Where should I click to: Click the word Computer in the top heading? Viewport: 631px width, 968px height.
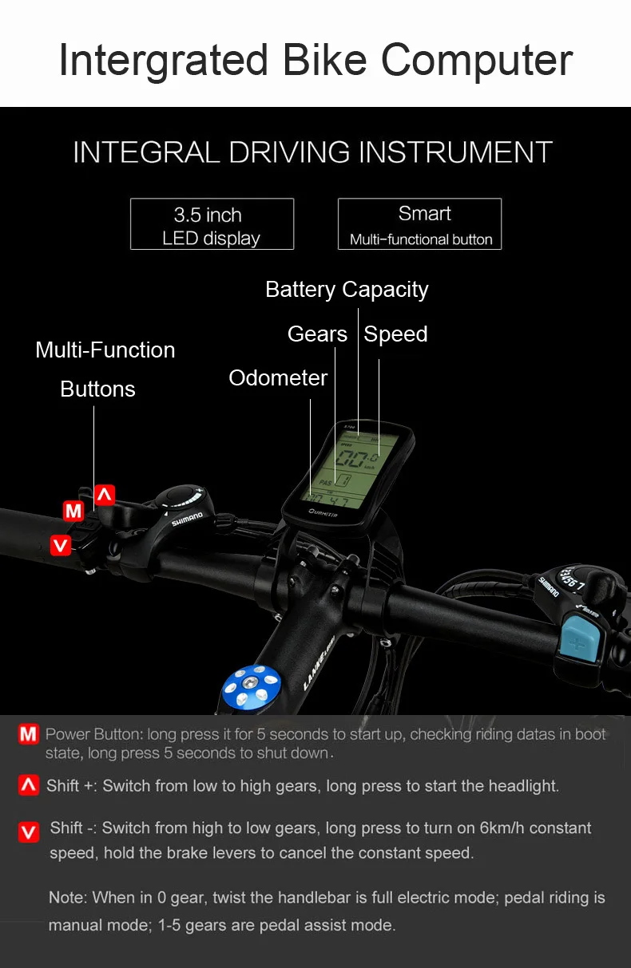(477, 61)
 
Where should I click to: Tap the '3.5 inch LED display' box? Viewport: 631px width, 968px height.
(212, 224)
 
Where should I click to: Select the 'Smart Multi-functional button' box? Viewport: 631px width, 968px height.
(420, 224)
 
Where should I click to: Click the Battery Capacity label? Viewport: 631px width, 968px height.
(347, 290)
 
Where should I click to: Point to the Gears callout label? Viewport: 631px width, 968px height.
(317, 334)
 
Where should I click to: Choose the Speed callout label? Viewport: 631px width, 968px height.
(395, 334)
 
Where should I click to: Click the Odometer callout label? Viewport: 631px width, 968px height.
(278, 378)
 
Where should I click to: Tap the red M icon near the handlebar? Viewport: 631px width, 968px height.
(73, 511)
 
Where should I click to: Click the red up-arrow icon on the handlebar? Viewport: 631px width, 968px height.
(105, 495)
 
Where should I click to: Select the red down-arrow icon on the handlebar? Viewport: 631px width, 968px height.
(61, 546)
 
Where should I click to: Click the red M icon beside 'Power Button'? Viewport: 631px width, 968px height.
(29, 734)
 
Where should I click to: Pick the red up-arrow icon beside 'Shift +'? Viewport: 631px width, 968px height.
(29, 785)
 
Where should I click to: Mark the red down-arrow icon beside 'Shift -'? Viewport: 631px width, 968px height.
(29, 832)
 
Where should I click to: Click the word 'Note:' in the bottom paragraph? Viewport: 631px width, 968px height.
(68, 898)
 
